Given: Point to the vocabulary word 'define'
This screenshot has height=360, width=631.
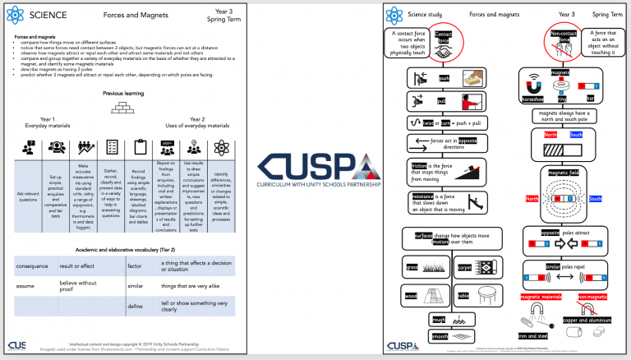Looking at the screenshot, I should point(135,306).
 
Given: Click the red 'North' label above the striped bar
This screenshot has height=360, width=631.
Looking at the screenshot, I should point(550,135).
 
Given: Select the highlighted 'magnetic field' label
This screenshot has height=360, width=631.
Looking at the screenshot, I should point(563,174).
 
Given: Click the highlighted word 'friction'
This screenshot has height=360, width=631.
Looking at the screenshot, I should point(420,165).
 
